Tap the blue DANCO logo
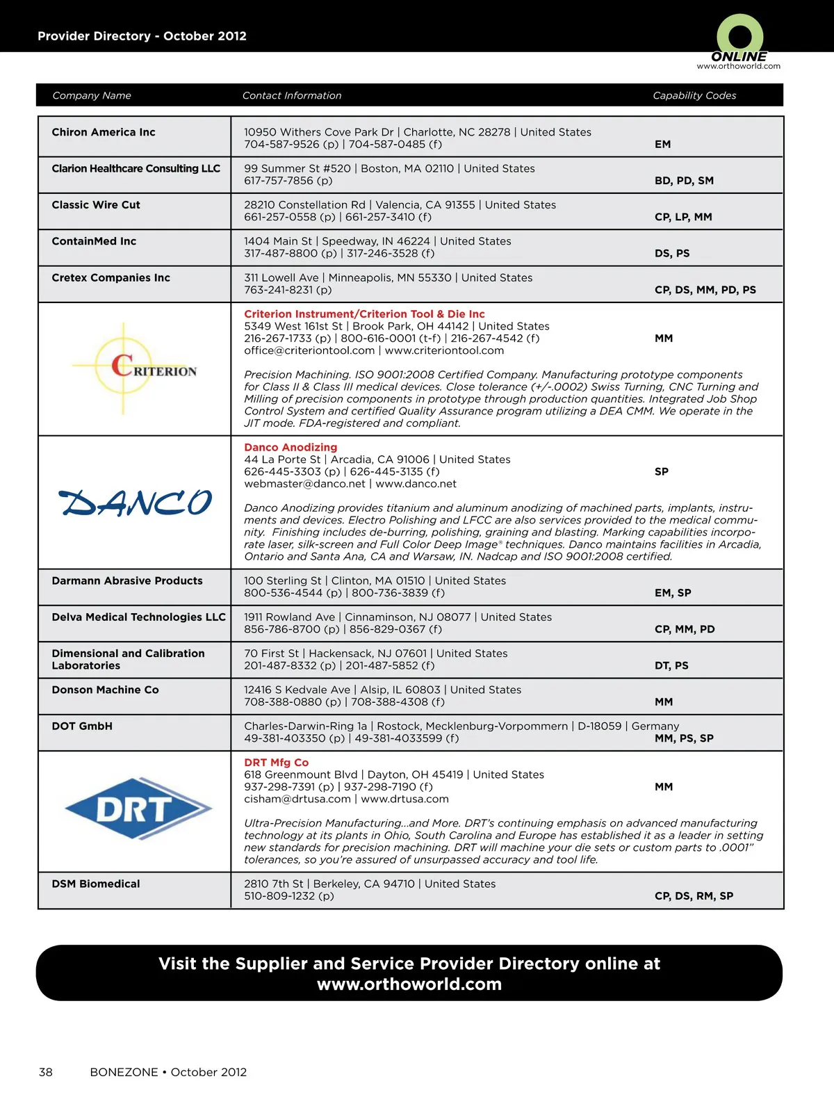[135, 503]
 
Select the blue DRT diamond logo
[138, 809]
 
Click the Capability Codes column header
[694, 95]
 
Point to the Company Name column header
[92, 95]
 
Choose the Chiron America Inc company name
[104, 132]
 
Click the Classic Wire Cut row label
[96, 205]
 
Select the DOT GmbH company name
[82, 726]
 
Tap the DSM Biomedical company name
[96, 884]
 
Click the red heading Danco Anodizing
[291, 447]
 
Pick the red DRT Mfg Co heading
[276, 762]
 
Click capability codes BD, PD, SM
[684, 181]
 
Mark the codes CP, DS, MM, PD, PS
[705, 290]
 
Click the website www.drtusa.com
[404, 799]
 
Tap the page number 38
[46, 1072]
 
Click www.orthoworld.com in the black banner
[409, 984]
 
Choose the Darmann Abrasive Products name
[127, 581]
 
